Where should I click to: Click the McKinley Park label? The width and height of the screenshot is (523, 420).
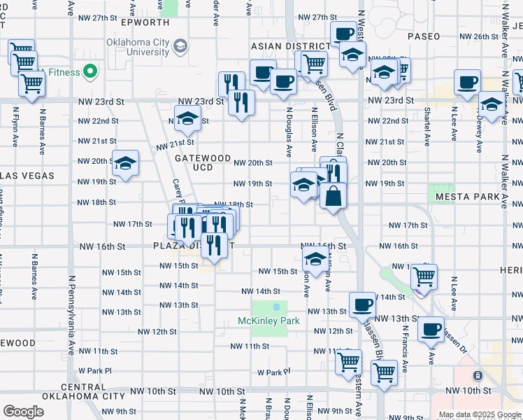(x=268, y=321)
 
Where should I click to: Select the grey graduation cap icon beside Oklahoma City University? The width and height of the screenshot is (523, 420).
(x=180, y=46)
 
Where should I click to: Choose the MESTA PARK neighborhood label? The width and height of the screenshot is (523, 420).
(x=465, y=197)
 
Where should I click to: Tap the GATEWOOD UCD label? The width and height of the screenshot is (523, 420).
(x=203, y=163)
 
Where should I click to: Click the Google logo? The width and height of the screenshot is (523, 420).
(x=23, y=412)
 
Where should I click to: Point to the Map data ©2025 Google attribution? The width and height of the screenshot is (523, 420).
(x=480, y=414)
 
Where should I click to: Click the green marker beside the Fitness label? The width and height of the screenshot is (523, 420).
(x=89, y=71)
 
